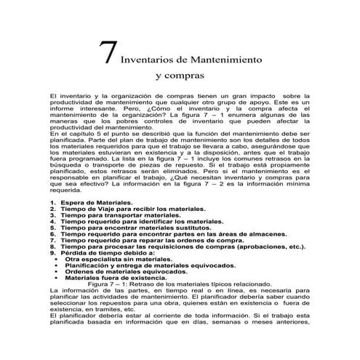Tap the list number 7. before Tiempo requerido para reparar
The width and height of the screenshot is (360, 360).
pyautogui.click(x=52, y=240)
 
